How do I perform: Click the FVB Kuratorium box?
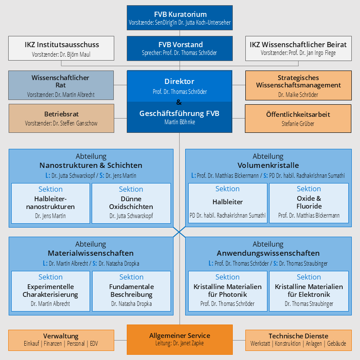(x=180, y=18)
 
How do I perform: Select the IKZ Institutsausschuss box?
(x=61, y=48)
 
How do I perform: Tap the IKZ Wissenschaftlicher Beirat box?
(x=298, y=48)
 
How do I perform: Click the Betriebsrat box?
(x=61, y=118)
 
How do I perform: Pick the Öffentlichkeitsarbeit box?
(x=298, y=119)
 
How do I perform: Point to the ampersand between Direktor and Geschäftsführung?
(x=179, y=102)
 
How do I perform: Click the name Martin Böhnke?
(x=180, y=122)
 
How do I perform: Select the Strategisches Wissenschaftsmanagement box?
(x=298, y=85)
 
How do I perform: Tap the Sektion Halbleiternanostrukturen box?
(x=51, y=203)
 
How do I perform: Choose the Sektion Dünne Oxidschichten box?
(x=131, y=203)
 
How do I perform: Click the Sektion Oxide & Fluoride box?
(x=309, y=203)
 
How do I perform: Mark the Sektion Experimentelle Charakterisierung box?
(x=51, y=291)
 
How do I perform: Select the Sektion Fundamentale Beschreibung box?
(x=132, y=291)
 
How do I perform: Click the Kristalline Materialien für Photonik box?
(x=228, y=291)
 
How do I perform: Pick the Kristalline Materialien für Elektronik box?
(x=309, y=291)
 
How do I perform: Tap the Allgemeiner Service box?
(x=180, y=340)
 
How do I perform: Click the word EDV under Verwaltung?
(x=94, y=344)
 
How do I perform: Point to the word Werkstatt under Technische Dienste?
(x=260, y=344)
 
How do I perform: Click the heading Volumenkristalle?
(x=268, y=165)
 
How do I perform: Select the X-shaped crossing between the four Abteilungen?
(x=179, y=232)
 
